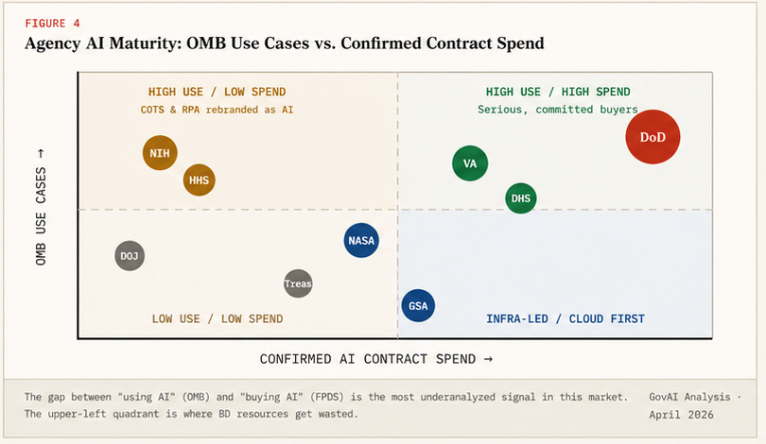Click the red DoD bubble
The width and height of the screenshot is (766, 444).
click(x=653, y=137)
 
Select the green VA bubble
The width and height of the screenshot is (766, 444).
click(x=470, y=163)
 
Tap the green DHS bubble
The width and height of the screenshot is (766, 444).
click(x=520, y=198)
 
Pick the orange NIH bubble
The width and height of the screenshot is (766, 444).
click(x=160, y=152)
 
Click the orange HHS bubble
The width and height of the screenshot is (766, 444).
click(x=199, y=179)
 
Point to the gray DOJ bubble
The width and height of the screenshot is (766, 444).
click(x=130, y=255)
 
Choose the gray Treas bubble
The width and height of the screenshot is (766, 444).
click(x=298, y=283)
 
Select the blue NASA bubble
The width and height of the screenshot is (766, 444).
click(x=361, y=240)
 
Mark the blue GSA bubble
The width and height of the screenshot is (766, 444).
click(x=418, y=306)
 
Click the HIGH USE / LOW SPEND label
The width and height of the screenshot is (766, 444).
click(x=217, y=93)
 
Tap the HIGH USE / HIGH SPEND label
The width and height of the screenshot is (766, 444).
click(x=558, y=93)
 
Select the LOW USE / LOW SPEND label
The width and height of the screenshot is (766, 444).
click(x=218, y=319)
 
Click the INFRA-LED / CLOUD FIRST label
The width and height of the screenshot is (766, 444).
click(x=566, y=319)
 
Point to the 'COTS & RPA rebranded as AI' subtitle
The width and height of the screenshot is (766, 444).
click(x=217, y=110)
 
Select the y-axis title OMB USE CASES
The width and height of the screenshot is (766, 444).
click(x=41, y=206)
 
